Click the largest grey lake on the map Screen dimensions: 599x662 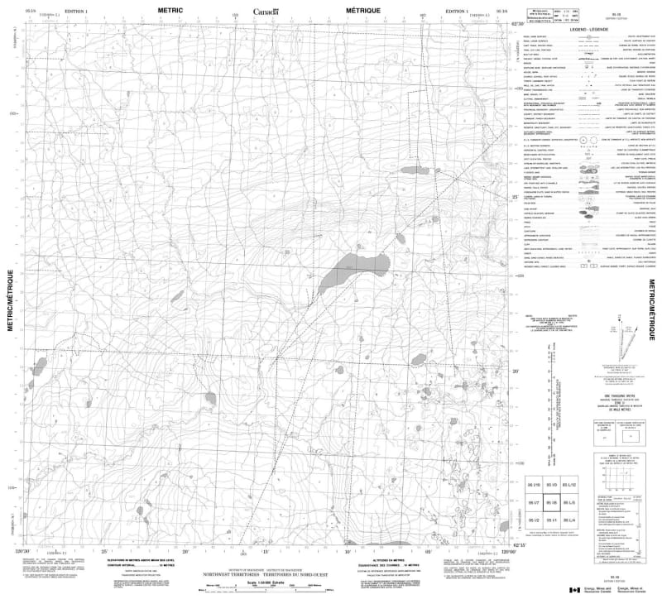(355, 271)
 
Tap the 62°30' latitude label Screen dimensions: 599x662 (516, 24)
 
